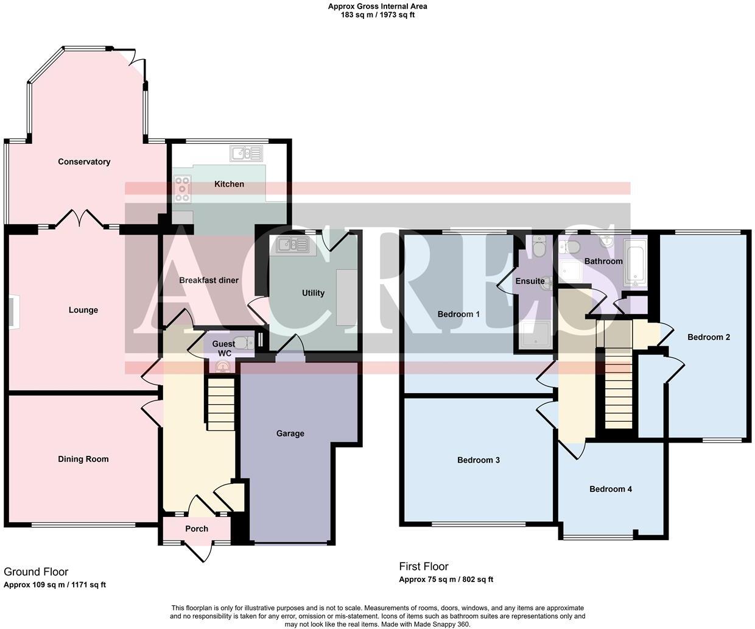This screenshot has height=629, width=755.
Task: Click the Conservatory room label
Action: pyautogui.click(x=84, y=162)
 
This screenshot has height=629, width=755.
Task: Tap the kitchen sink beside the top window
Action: pyautogui.click(x=245, y=153)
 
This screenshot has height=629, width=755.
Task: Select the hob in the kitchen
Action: pyautogui.click(x=182, y=189)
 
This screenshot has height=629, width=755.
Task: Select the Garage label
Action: pyautogui.click(x=290, y=433)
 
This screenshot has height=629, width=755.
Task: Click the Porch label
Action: pyautogui.click(x=197, y=528)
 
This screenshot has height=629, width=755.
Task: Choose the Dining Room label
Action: pyautogui.click(x=83, y=459)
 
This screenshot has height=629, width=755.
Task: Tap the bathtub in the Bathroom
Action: pyautogui.click(x=634, y=263)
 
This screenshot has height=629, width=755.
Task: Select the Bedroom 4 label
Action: pyautogui.click(x=610, y=489)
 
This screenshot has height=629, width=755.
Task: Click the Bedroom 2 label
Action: pyautogui.click(x=708, y=337)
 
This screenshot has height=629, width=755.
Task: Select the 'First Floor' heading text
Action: pyautogui.click(x=424, y=566)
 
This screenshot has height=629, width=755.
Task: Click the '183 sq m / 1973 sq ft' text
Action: pyautogui.click(x=377, y=15)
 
